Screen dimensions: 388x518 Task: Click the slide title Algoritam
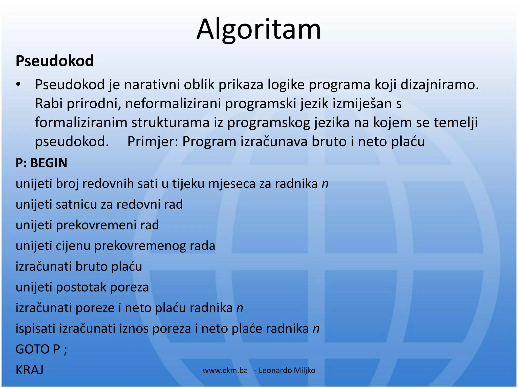[x=259, y=30]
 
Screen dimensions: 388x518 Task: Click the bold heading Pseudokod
[x=55, y=61]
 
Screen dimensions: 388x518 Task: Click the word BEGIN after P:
[x=49, y=163]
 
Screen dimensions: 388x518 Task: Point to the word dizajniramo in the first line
[x=439, y=85]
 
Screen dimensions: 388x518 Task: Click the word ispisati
[x=35, y=329]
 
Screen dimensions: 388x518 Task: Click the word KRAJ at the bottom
[x=29, y=370]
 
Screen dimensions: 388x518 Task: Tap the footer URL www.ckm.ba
[x=225, y=370]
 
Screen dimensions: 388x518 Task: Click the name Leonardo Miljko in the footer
[x=287, y=370]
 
